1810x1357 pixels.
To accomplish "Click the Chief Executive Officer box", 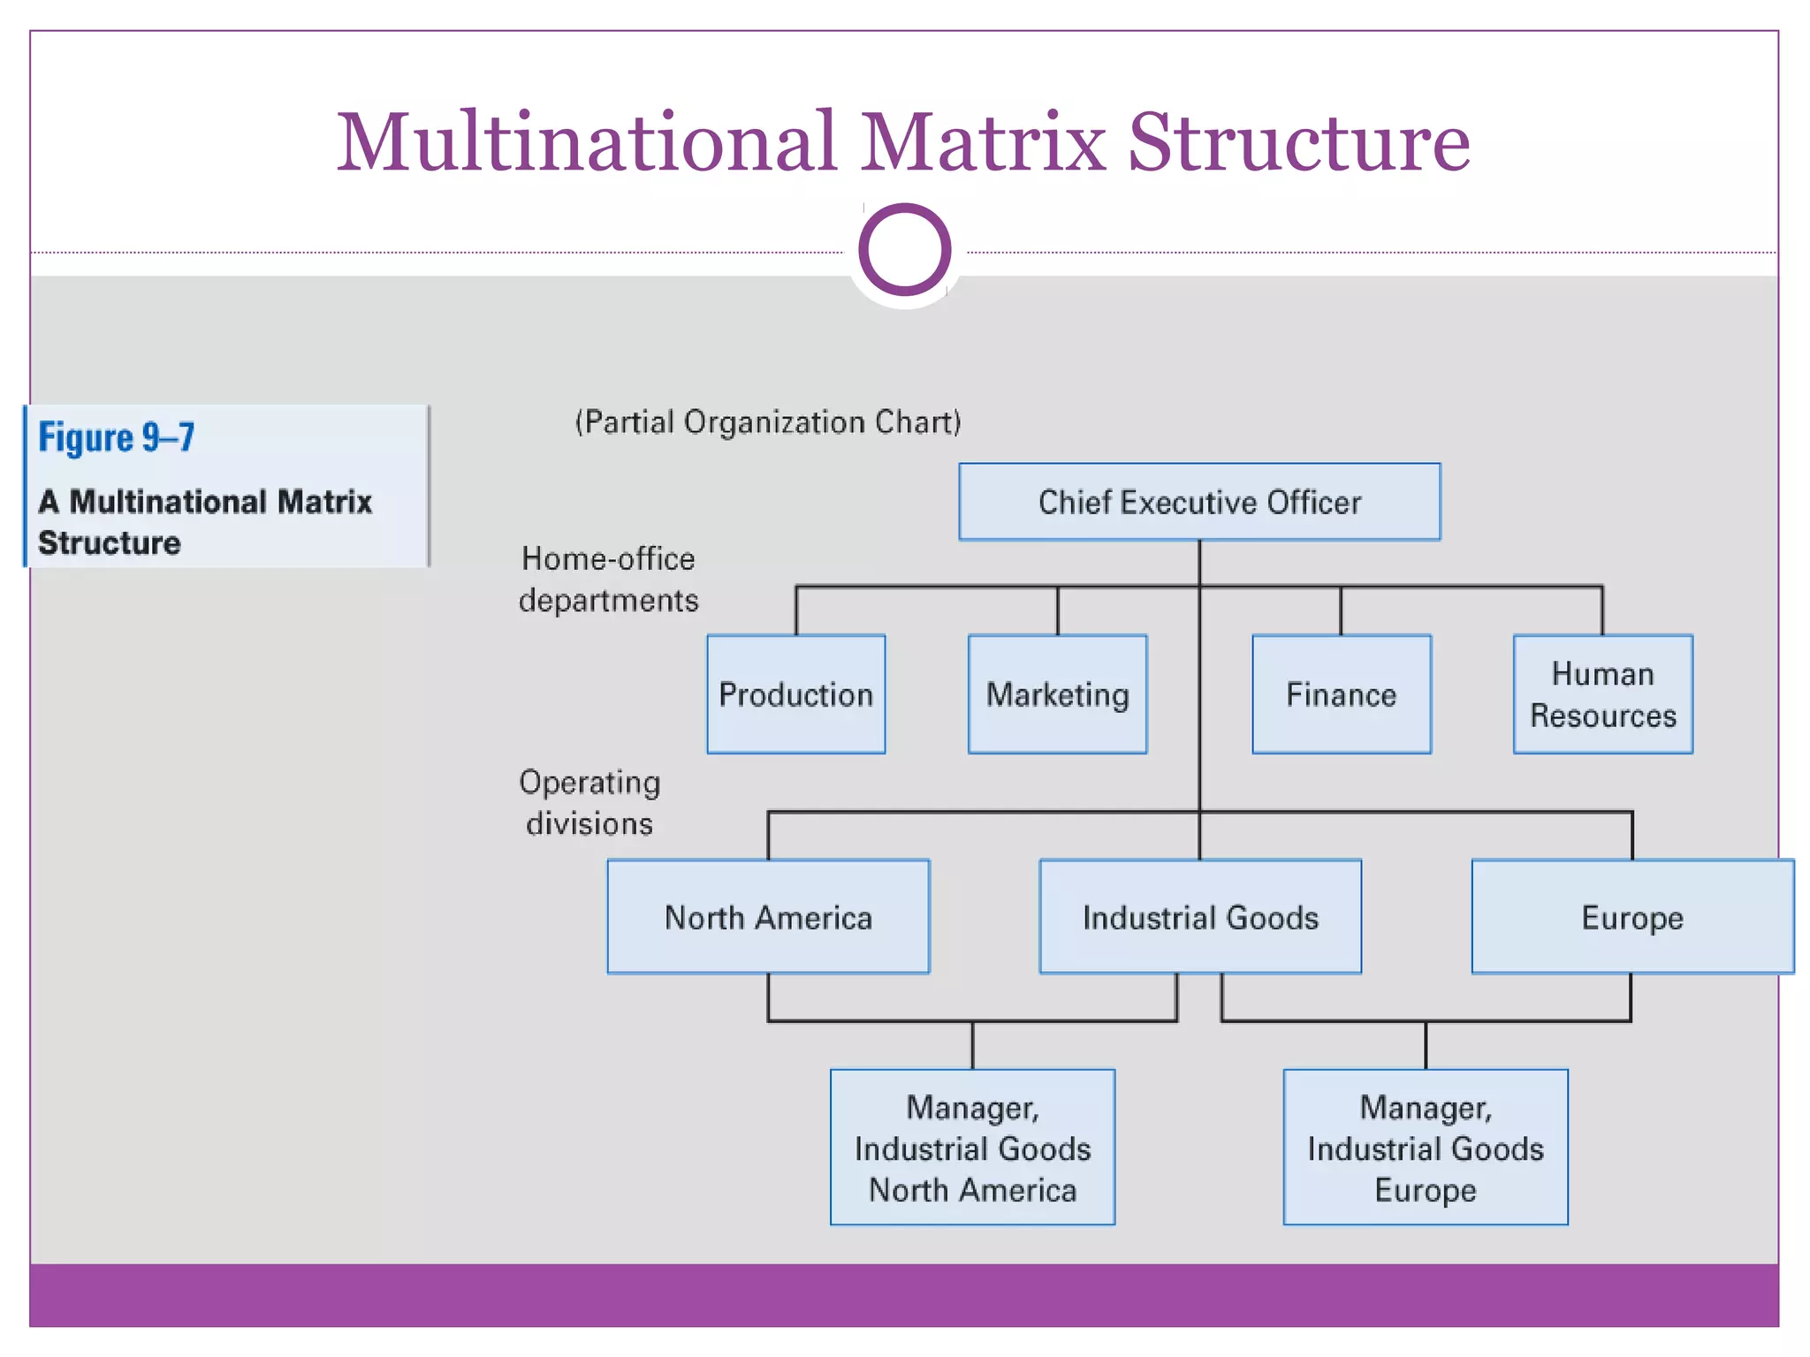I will click(x=1199, y=502).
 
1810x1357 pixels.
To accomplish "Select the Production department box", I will click(x=795, y=694).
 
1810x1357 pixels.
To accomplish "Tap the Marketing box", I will click(x=1057, y=694).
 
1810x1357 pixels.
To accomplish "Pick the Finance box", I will click(x=1341, y=694).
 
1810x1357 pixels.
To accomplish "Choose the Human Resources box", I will click(x=1602, y=694).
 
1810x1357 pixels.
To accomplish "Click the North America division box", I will click(x=768, y=917).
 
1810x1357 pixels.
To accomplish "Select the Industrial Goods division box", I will click(x=1200, y=917).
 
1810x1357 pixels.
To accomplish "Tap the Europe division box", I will click(x=1631, y=917).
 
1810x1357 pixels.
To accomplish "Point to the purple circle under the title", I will click(x=904, y=249).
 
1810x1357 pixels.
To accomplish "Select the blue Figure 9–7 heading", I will click(x=117, y=437).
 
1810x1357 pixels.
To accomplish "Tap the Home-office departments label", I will click(x=608, y=580).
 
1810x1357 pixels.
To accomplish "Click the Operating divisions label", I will click(x=589, y=802).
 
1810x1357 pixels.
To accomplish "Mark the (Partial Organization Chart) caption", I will click(x=767, y=422).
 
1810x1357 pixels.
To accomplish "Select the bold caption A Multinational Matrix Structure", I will click(x=205, y=521).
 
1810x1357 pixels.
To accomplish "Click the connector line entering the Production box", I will click(x=796, y=611).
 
